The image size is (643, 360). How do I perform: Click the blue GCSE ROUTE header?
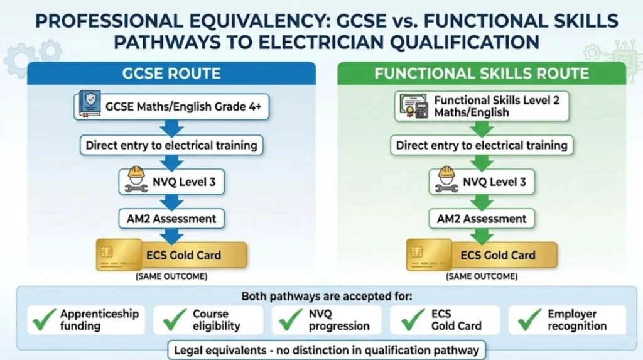tap(171, 73)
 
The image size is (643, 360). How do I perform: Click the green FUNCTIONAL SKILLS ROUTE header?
tap(482, 73)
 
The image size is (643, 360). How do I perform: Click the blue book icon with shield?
tap(89, 106)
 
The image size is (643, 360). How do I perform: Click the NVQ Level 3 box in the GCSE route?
tap(171, 182)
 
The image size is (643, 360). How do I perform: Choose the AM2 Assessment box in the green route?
tap(482, 219)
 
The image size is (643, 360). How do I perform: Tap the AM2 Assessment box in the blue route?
tap(171, 219)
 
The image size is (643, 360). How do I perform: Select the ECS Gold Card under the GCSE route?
tap(171, 256)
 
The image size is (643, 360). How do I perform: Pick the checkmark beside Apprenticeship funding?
tap(44, 320)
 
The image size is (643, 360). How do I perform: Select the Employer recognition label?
tap(576, 320)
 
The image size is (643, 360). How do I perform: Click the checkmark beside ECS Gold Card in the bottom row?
tap(411, 320)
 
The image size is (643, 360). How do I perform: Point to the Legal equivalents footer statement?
tap(326, 350)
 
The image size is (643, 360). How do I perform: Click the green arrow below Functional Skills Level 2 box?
tap(482, 128)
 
